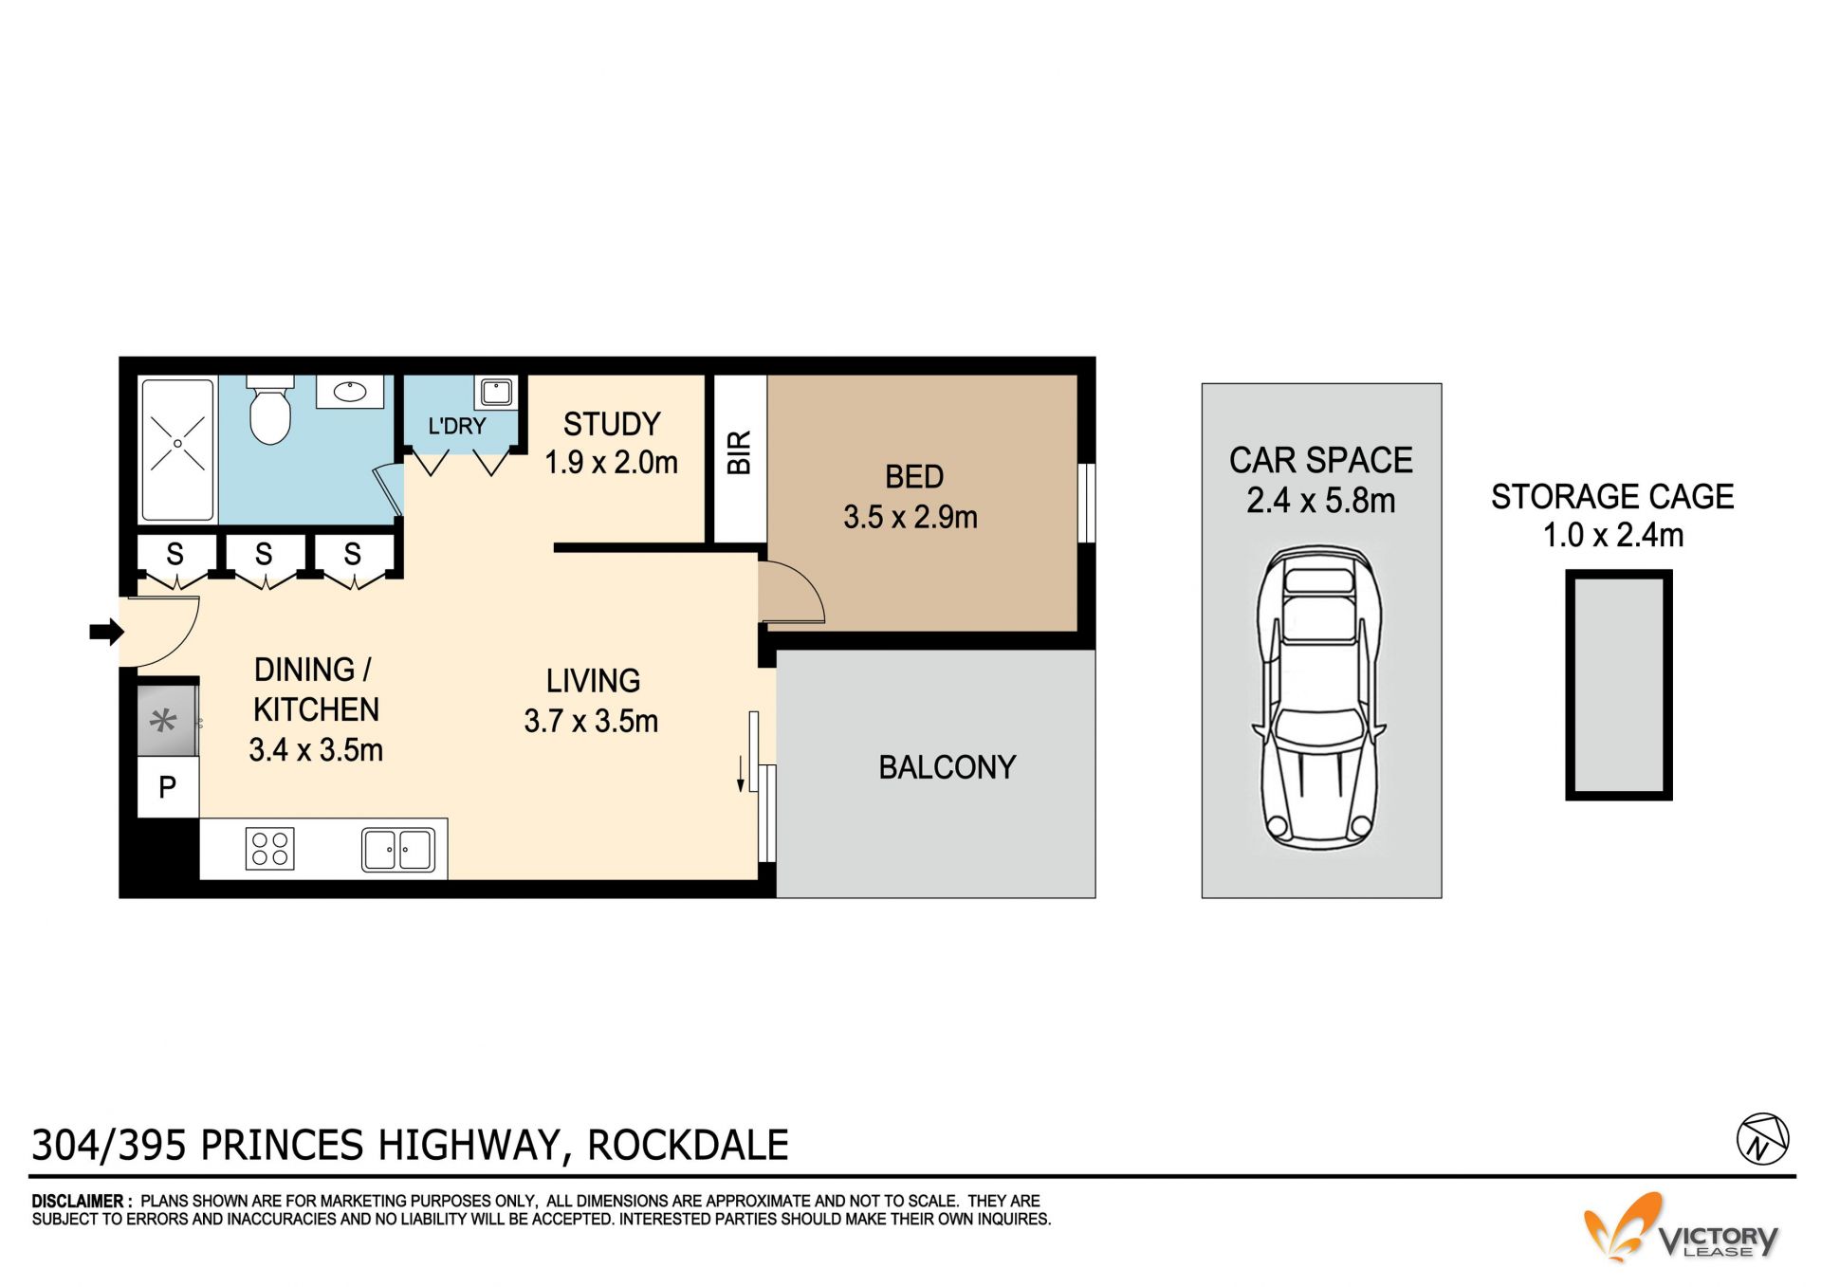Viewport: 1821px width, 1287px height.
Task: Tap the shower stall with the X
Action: [x=177, y=450]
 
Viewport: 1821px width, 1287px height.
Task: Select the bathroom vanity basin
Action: [x=349, y=391]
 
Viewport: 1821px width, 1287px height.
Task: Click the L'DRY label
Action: [x=456, y=426]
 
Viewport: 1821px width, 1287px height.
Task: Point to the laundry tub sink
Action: [x=496, y=392]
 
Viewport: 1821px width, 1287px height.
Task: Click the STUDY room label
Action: [x=612, y=424]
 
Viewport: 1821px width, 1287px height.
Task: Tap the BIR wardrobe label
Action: [x=739, y=452]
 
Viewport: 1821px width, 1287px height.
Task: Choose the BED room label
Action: [x=914, y=477]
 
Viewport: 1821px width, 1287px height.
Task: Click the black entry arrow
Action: [x=106, y=632]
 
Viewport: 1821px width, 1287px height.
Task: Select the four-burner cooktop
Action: [x=270, y=848]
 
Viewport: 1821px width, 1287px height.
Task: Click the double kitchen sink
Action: [x=398, y=849]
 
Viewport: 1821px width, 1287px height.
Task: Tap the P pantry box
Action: [x=168, y=786]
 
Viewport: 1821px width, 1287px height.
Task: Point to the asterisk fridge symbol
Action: [x=164, y=722]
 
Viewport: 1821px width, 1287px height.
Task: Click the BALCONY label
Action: [x=947, y=767]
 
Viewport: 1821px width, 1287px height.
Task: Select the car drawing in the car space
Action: [x=1319, y=697]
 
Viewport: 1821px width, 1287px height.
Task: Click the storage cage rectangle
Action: [x=1618, y=685]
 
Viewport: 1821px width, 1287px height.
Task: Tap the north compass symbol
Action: [x=1762, y=1138]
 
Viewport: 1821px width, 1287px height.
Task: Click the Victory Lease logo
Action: [x=1681, y=1228]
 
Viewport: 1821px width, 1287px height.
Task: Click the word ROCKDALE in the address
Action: [x=689, y=1146]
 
